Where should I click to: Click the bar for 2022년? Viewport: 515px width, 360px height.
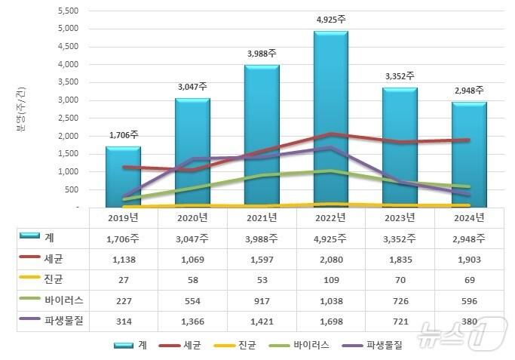pos(331,121)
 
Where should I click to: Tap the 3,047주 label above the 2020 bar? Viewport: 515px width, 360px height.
pos(192,88)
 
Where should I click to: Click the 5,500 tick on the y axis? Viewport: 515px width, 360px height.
pos(69,11)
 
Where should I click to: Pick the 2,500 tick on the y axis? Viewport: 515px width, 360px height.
pos(69,118)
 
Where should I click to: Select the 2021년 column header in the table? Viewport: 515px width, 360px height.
pos(262,217)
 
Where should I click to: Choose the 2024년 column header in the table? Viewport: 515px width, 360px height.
pos(469,217)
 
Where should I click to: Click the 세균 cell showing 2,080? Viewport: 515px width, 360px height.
pos(331,259)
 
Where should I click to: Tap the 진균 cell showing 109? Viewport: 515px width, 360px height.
pos(331,279)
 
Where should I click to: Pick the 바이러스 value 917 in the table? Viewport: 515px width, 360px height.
pos(262,300)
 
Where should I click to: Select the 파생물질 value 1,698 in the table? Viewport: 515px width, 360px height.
pos(331,320)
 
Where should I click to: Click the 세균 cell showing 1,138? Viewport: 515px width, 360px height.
pos(123,259)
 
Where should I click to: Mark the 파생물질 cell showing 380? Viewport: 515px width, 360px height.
pos(469,320)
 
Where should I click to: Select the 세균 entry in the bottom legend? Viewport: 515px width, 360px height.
pos(192,345)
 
